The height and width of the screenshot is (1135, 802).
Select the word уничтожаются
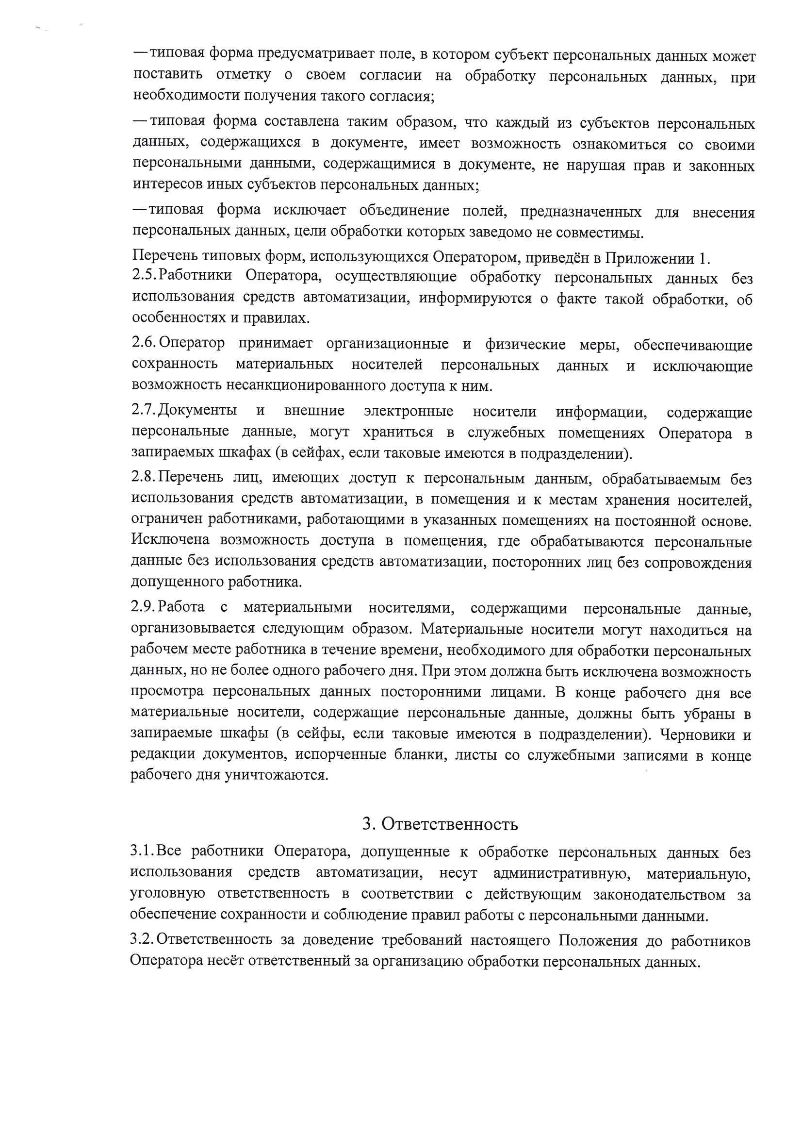[x=277, y=775]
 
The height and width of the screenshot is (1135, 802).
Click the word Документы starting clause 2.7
[x=197, y=410]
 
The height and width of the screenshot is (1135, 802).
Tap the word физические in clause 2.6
[x=525, y=344]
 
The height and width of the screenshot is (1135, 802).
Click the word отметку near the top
[x=244, y=74]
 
